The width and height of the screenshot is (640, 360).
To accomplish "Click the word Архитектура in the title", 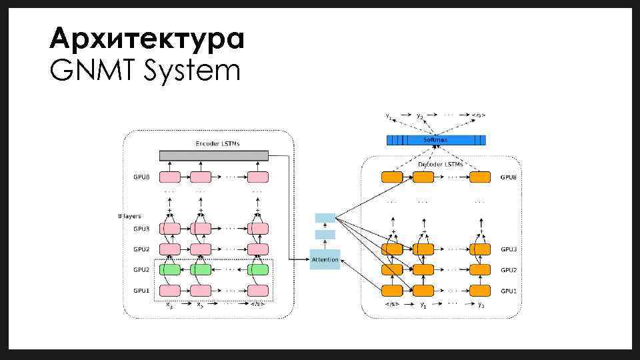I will tap(147, 39).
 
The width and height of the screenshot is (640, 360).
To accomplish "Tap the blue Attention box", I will tap(325, 259).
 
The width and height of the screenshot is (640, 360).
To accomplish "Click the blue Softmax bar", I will tap(436, 140).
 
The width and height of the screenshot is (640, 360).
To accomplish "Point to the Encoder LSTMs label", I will tap(217, 143).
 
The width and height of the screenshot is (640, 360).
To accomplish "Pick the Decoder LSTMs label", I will tap(441, 164).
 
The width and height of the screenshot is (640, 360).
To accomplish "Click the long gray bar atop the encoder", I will tap(213, 155).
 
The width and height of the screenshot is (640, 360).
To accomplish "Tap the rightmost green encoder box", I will tap(258, 270).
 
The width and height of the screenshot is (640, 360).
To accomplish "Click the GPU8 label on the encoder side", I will tap(141, 177).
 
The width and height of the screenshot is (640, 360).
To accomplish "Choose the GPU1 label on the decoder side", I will tap(509, 291).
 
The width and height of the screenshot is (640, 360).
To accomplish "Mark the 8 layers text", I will tap(129, 216).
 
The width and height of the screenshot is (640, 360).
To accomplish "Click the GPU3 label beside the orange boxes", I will tap(509, 249).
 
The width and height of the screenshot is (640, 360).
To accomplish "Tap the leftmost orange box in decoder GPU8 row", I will tap(392, 177).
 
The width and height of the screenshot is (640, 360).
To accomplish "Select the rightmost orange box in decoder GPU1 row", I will tap(480, 291).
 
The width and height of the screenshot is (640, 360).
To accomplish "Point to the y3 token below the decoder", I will tap(481, 305).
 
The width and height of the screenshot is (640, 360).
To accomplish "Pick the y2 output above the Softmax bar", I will tap(419, 116).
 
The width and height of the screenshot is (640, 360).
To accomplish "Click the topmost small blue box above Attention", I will tap(325, 218).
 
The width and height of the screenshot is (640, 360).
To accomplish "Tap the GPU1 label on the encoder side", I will tap(141, 291).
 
